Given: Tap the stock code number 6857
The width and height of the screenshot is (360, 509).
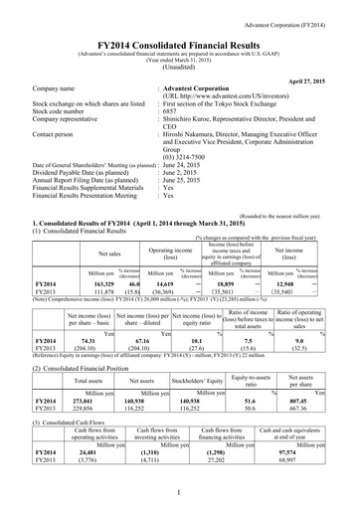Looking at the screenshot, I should click(171, 112).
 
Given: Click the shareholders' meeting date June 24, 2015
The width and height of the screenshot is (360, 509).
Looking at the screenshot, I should click(189, 165).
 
